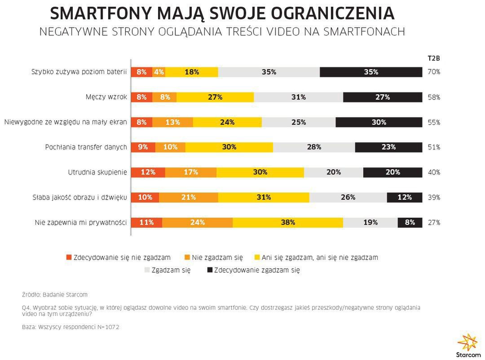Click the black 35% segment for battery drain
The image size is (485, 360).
tap(371, 72)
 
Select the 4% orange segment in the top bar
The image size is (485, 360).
tap(159, 72)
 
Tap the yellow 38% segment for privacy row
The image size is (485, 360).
tap(288, 222)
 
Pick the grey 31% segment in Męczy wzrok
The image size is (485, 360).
tap(298, 97)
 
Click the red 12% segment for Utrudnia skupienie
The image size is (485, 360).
tap(148, 172)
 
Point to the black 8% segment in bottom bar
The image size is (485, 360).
tap(410, 222)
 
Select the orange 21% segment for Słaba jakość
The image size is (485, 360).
tap(188, 197)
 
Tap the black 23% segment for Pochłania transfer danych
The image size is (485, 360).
tap(388, 147)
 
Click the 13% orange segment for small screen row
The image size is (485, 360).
tap(172, 122)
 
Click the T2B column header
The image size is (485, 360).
tap(433, 58)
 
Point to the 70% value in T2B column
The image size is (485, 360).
tap(434, 72)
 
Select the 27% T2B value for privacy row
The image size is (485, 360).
tap(434, 222)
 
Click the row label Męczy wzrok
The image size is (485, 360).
tap(106, 97)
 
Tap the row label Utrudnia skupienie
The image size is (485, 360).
tap(97, 172)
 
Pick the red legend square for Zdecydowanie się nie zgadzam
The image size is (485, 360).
tap(69, 258)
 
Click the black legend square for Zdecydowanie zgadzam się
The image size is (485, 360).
tap(210, 270)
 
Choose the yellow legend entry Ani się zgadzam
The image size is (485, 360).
tap(316, 258)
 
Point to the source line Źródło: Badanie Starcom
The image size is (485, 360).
tap(55, 295)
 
